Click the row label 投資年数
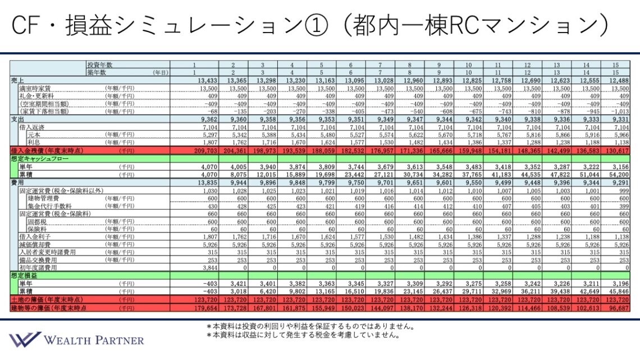point(99,65)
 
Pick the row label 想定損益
point(23,276)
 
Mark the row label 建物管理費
point(43,198)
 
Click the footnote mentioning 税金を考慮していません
point(303,335)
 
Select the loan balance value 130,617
point(617,151)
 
